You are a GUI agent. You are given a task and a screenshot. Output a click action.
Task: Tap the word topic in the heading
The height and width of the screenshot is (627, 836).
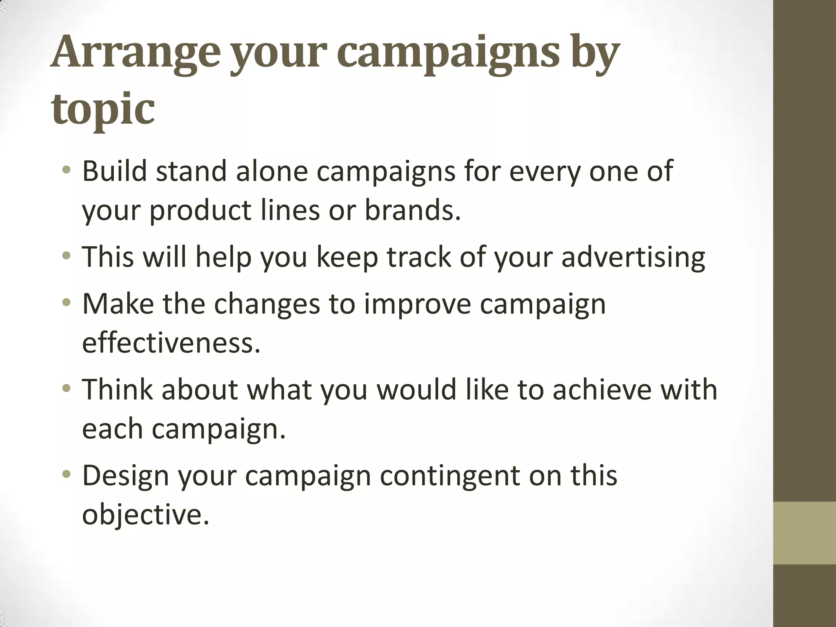pos(103,109)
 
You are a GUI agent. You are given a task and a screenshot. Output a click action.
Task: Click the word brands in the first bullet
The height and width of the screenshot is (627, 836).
pos(412,210)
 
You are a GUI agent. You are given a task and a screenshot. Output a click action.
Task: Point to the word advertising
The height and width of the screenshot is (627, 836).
pos(633,257)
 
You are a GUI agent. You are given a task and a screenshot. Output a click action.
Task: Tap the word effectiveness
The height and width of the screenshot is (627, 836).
pos(171,343)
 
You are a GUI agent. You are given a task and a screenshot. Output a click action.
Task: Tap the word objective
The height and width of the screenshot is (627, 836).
pos(145,514)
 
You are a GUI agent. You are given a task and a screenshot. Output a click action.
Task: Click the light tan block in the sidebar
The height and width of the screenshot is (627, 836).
pos(804,533)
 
